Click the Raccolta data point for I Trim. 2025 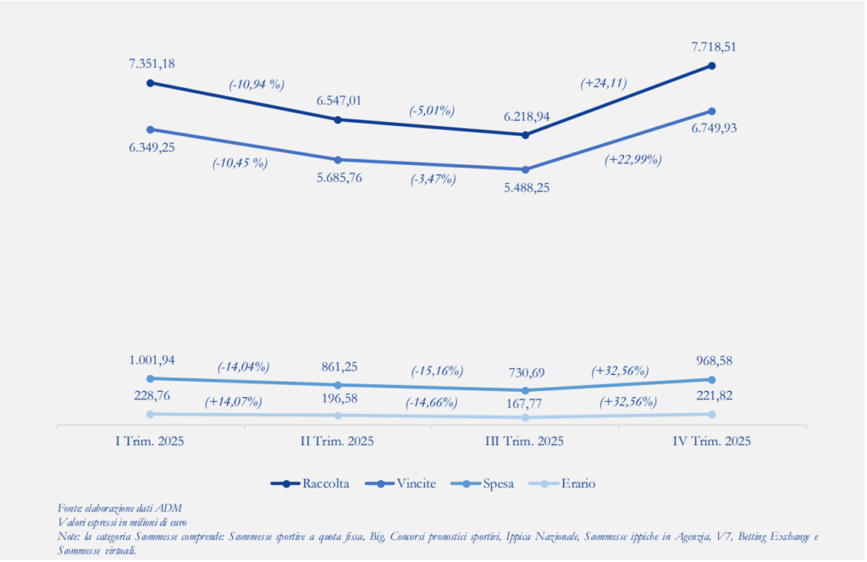pyautogui.click(x=150, y=83)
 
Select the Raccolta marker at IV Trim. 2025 pyautogui.click(x=712, y=65)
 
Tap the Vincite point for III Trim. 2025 pyautogui.click(x=526, y=169)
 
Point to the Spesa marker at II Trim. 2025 pyautogui.click(x=338, y=384)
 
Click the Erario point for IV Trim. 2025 pyautogui.click(x=712, y=414)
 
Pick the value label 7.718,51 pyautogui.click(x=712, y=47)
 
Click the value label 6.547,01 pyautogui.click(x=339, y=101)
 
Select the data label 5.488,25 pyautogui.click(x=526, y=188)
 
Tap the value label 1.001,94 pyautogui.click(x=152, y=360)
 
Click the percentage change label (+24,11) pyautogui.click(x=603, y=83)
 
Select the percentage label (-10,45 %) pyautogui.click(x=240, y=163)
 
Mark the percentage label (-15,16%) pyautogui.click(x=437, y=371)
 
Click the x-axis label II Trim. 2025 pyautogui.click(x=338, y=442)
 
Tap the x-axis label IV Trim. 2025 pyautogui.click(x=712, y=442)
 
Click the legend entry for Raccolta pyautogui.click(x=318, y=483)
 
